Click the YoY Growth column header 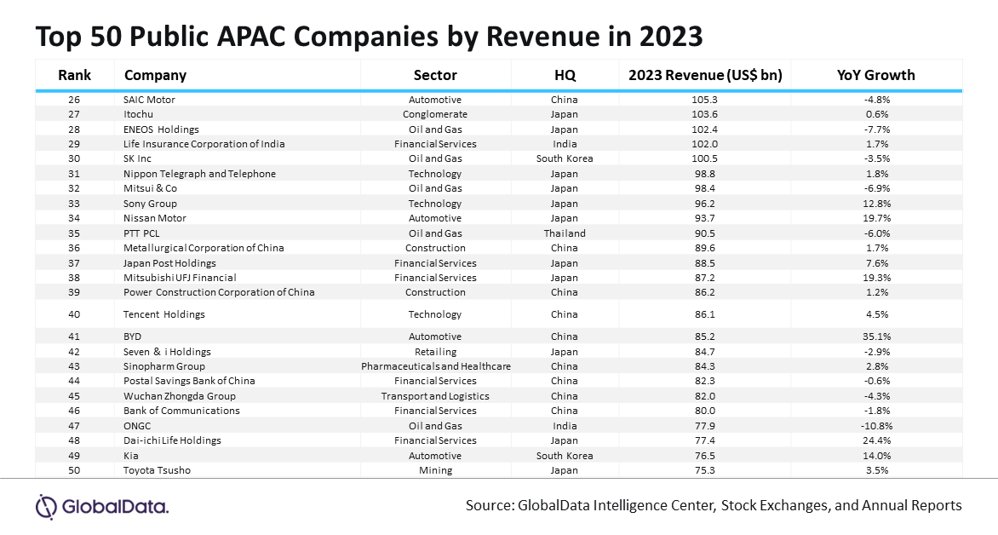pos(875,75)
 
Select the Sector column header pos(435,75)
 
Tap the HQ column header pos(565,75)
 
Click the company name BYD pos(132,337)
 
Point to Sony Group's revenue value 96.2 pos(704,204)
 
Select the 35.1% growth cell pos(875,337)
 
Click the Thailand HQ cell pos(565,233)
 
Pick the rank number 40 pos(74,314)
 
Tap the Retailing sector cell pos(435,352)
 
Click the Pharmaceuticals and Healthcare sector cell pos(436,366)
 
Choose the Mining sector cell pos(435,470)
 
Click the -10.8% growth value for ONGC pos(875,426)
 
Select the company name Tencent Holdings pos(164,314)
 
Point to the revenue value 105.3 pos(704,100)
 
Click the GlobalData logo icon pos(47,507)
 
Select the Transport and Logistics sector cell pos(435,396)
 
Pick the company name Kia pos(130,456)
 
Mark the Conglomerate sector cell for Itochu pos(435,115)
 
